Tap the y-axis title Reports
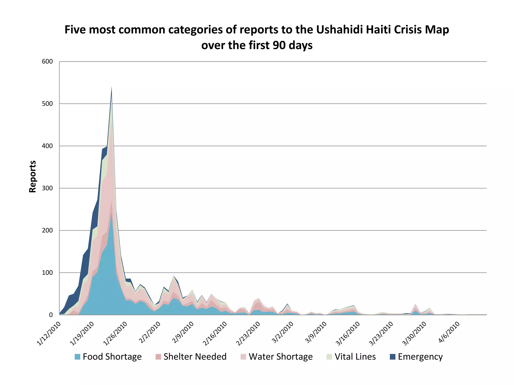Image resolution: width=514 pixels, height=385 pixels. pyautogui.click(x=33, y=176)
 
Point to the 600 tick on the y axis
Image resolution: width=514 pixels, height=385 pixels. pyautogui.click(x=47, y=62)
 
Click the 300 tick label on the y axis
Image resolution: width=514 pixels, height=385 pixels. pyautogui.click(x=47, y=188)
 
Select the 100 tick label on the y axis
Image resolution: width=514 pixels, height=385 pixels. pyautogui.click(x=47, y=273)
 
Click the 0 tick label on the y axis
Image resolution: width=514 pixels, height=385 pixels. pyautogui.click(x=51, y=315)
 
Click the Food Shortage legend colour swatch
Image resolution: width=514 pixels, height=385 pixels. pyautogui.click(x=78, y=357)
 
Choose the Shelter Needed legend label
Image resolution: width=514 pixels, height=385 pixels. pyautogui.click(x=195, y=357)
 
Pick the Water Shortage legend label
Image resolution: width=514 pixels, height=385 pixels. pyautogui.click(x=281, y=357)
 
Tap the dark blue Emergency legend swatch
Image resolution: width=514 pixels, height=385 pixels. pyautogui.click(x=393, y=357)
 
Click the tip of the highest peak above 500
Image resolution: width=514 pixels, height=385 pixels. pyautogui.click(x=111, y=87)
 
